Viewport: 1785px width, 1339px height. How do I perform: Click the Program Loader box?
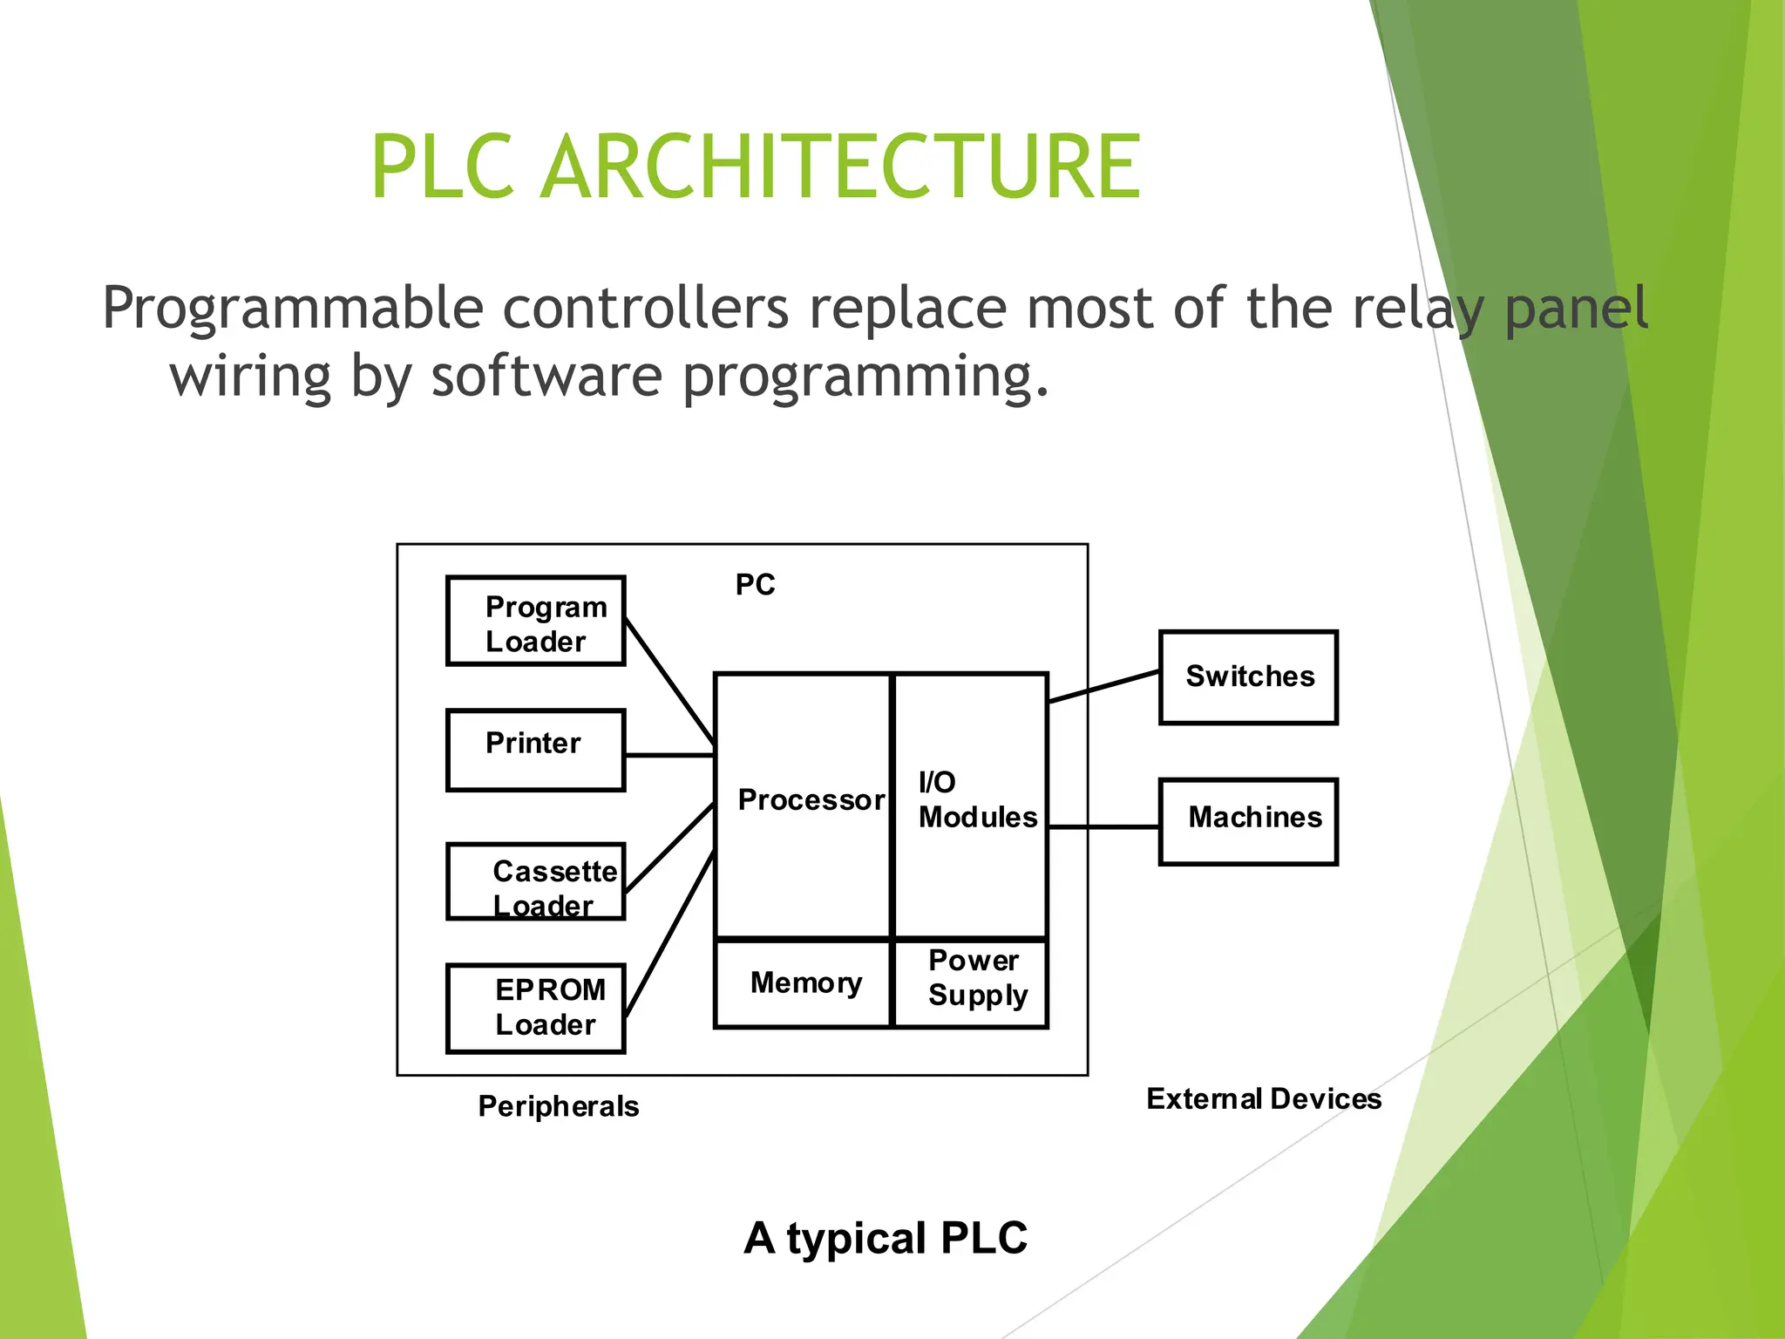pos(535,622)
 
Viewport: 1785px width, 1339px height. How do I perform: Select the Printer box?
pos(535,751)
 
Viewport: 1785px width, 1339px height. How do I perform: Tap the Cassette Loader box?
pos(535,881)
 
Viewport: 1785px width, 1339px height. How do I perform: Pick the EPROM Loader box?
pos(535,1009)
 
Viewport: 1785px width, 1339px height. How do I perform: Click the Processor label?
pos(811,800)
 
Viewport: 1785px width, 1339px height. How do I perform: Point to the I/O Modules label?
pos(977,800)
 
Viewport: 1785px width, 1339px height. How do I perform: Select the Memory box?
pos(804,983)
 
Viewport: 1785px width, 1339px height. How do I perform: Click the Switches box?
pos(1248,677)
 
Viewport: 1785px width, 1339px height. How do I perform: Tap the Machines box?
pos(1248,821)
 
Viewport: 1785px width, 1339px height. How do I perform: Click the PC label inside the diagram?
pos(755,585)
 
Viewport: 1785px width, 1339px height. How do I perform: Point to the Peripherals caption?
pos(559,1106)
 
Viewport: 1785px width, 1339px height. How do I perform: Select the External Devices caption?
pos(1264,1098)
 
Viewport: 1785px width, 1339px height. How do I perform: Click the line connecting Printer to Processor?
pos(669,755)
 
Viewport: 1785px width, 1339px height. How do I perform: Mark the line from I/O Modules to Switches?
pos(1103,686)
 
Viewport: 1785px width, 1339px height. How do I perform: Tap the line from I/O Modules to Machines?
pos(1103,826)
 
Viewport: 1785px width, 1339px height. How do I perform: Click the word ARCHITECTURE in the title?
pos(840,167)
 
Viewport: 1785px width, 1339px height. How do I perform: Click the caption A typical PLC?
pos(886,1238)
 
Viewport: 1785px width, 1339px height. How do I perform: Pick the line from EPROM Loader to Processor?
pos(669,935)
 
